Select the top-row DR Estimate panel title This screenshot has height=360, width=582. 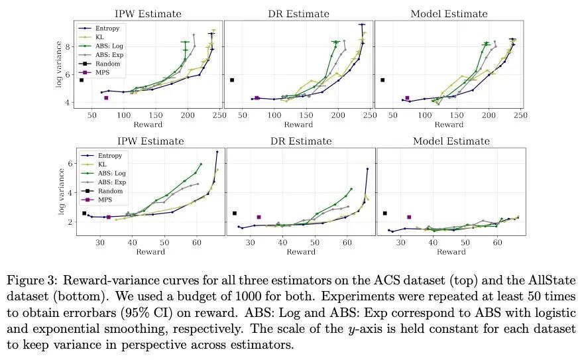pos(299,14)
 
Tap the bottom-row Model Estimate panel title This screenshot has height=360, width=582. pos(451,141)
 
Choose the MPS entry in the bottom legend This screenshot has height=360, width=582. pos(103,199)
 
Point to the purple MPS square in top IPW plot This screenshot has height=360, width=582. pos(106,98)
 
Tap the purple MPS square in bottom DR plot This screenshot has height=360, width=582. pos(259,217)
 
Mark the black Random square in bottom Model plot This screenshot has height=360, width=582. pos(385,213)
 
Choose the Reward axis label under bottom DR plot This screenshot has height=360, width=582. pos(299,252)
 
